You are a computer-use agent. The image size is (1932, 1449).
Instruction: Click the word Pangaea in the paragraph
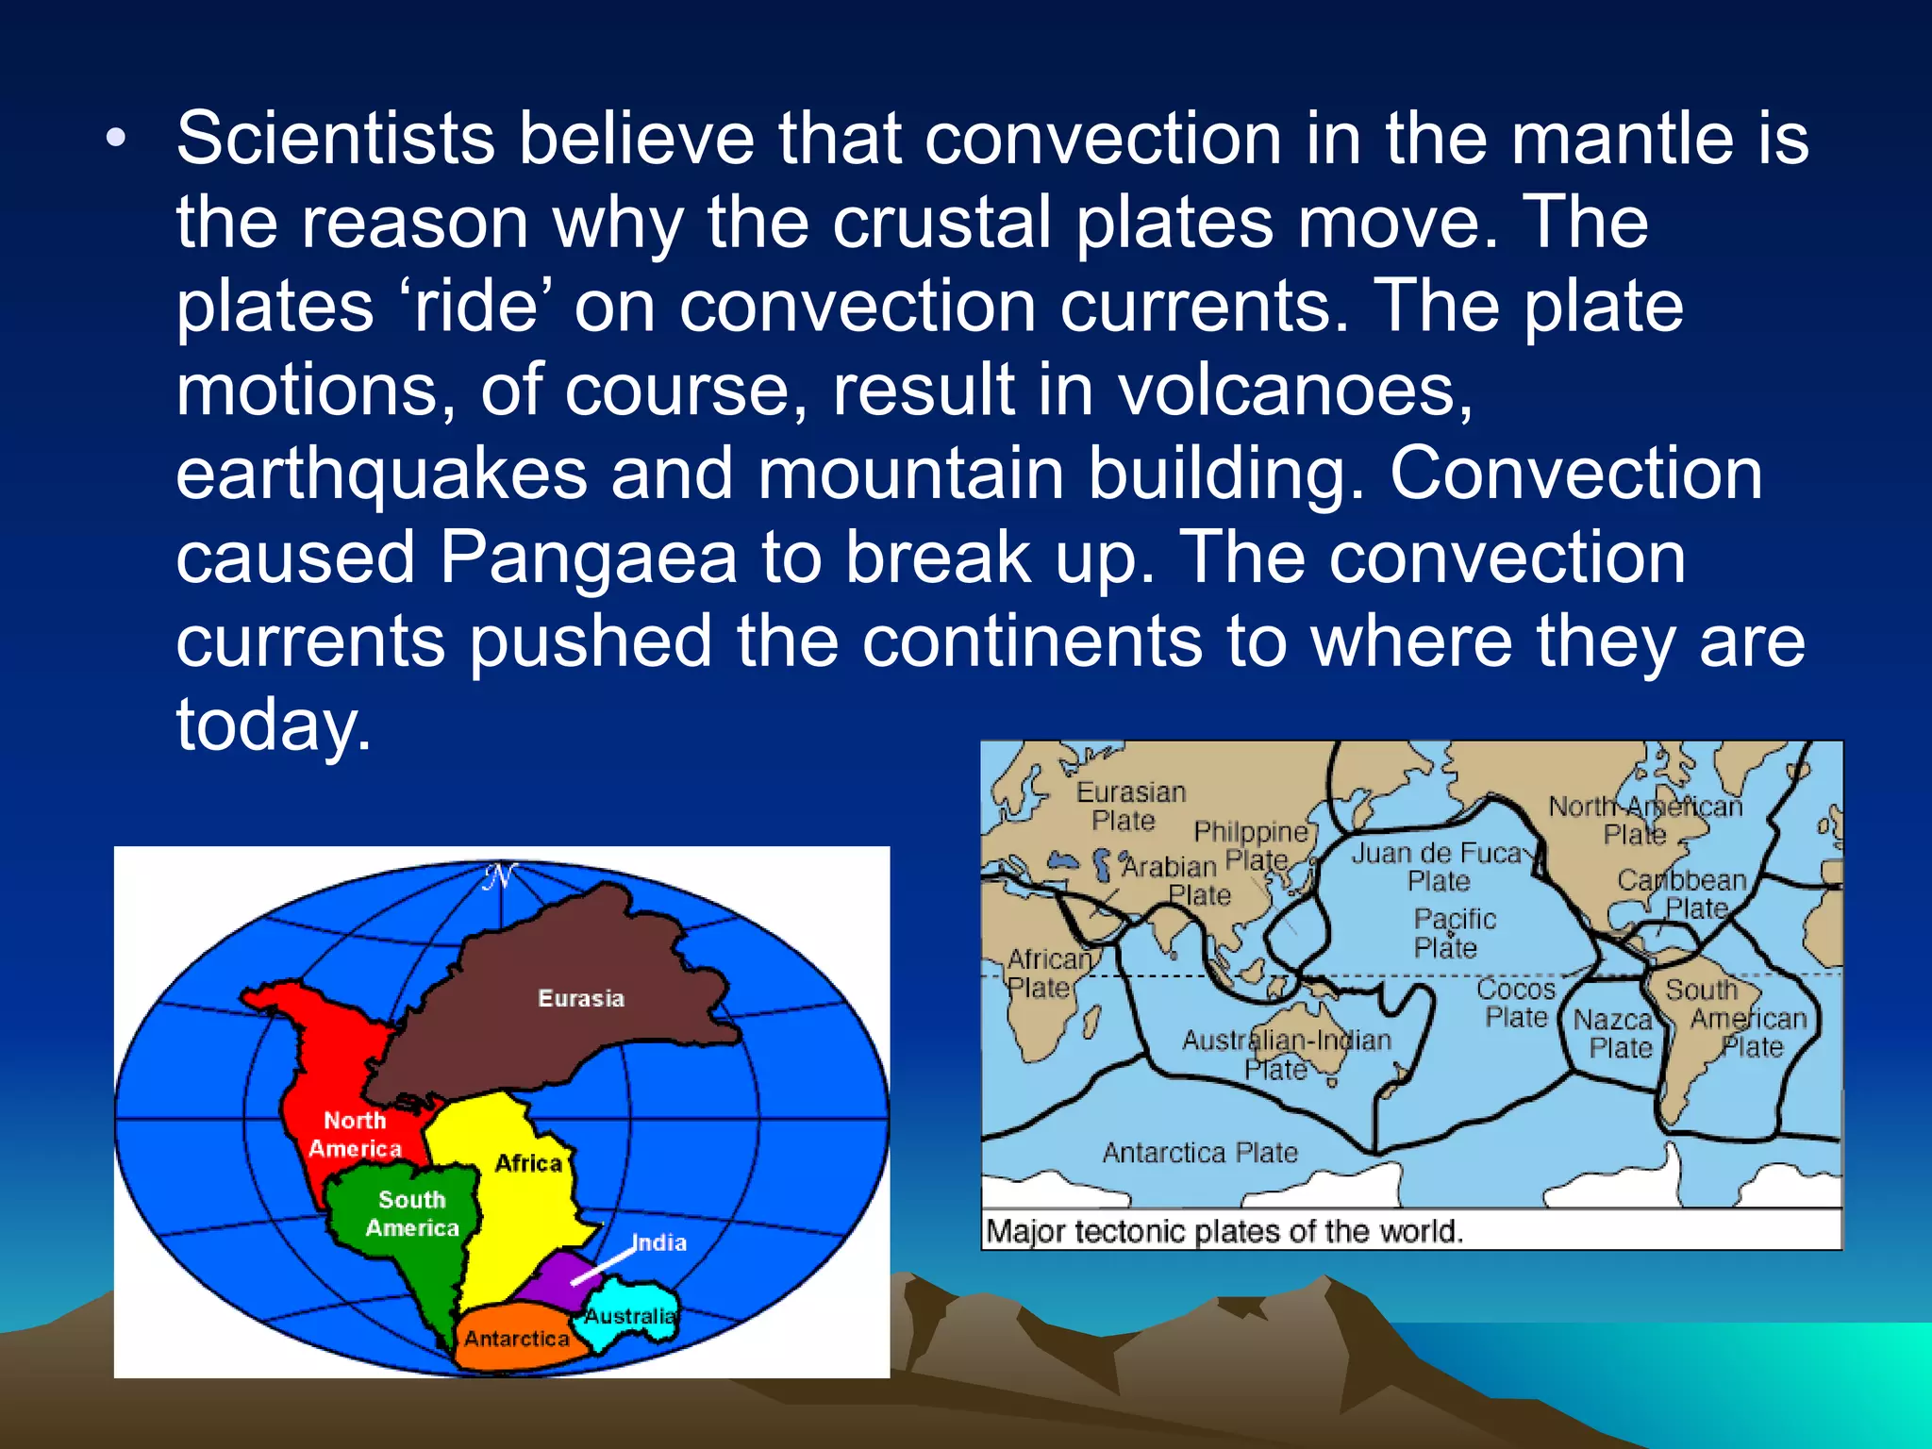pyautogui.click(x=588, y=558)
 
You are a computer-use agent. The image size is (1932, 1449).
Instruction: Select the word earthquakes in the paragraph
pyautogui.click(x=381, y=475)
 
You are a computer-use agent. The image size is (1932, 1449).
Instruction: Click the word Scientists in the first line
pyautogui.click(x=335, y=139)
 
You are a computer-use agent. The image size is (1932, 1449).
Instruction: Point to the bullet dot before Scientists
pyautogui.click(x=115, y=140)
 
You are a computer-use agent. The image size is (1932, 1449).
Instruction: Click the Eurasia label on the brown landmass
pyautogui.click(x=581, y=998)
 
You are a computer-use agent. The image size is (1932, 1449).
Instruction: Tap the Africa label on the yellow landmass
pyautogui.click(x=528, y=1163)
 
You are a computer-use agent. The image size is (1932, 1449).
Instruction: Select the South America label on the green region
pyautogui.click(x=412, y=1213)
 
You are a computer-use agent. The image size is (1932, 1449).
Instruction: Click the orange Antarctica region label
pyautogui.click(x=516, y=1339)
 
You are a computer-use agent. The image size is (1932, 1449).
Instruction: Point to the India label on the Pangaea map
pyautogui.click(x=658, y=1242)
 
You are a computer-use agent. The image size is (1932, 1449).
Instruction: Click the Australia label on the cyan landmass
pyautogui.click(x=630, y=1316)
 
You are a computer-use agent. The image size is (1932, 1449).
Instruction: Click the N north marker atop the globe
pyautogui.click(x=500, y=877)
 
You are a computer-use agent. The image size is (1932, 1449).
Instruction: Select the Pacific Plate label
pyautogui.click(x=1453, y=932)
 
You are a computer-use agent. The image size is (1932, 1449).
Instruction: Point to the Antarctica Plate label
pyautogui.click(x=1200, y=1152)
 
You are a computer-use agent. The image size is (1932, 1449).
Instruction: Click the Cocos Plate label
pyautogui.click(x=1515, y=1002)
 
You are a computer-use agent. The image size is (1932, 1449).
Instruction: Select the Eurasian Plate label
pyautogui.click(x=1130, y=806)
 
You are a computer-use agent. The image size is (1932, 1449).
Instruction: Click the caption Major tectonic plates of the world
pyautogui.click(x=1224, y=1231)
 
